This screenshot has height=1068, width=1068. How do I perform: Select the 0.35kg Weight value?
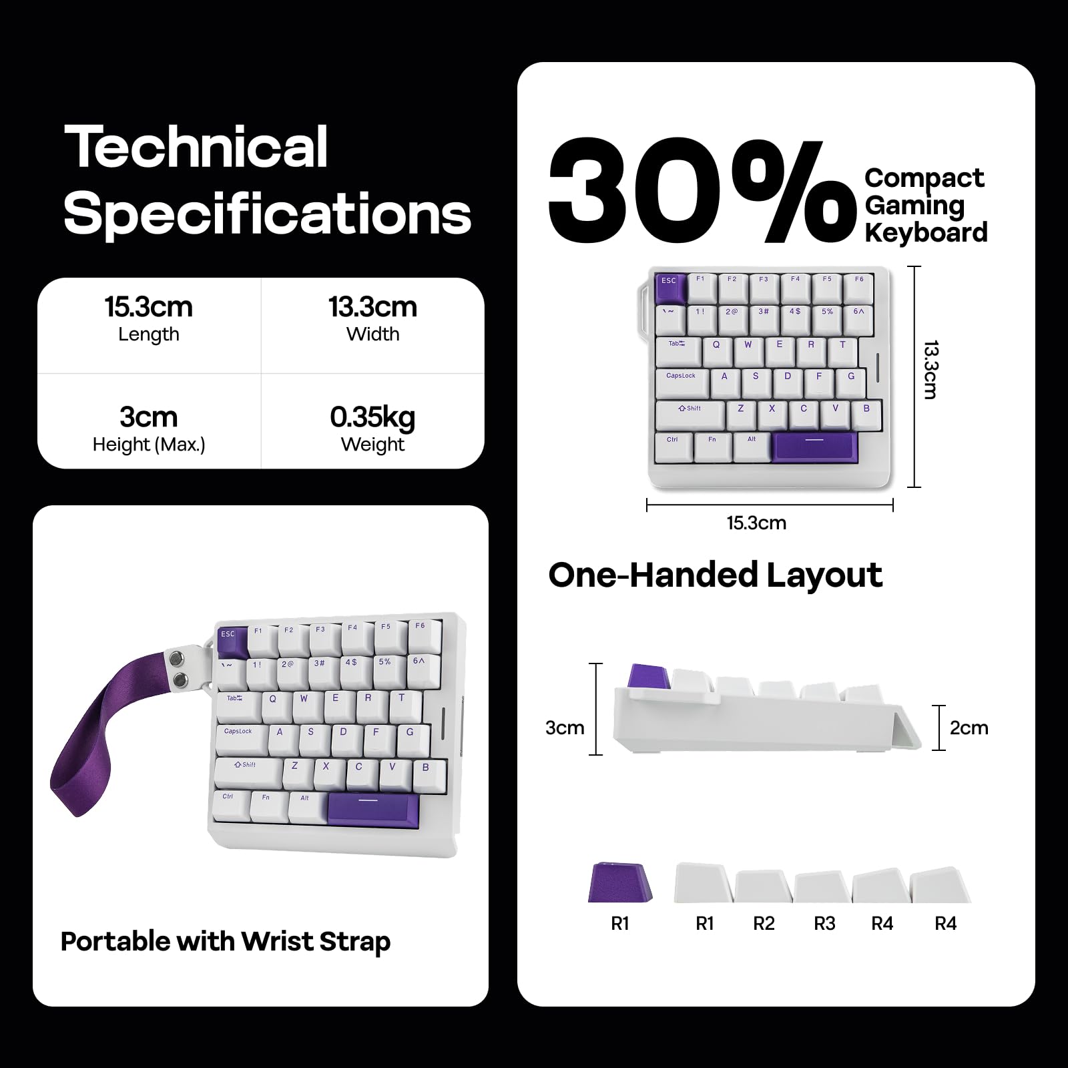coord(372,419)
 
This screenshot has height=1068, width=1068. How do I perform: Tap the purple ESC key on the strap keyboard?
coord(231,641)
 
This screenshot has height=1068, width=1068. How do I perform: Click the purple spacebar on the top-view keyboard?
coord(814,446)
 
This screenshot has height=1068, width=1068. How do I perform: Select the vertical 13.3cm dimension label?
coord(930,370)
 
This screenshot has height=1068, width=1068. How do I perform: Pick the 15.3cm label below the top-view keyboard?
coord(756,523)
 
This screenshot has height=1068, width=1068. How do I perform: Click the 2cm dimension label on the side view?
coord(969,728)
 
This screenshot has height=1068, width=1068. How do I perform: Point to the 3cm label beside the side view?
coord(564,728)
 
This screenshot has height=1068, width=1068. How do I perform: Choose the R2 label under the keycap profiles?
coord(764,923)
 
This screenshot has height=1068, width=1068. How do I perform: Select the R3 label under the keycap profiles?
coord(824,923)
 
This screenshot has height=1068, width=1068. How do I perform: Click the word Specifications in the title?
coord(267,214)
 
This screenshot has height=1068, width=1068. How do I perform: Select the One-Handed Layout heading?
coord(715,575)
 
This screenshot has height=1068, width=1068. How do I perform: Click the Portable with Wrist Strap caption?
coord(225,941)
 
